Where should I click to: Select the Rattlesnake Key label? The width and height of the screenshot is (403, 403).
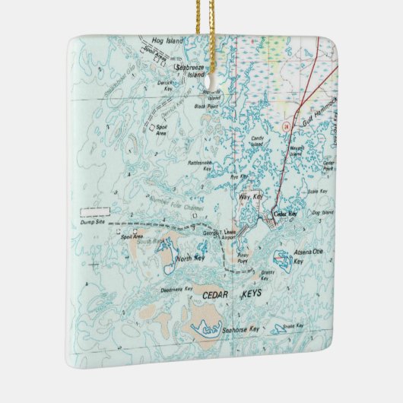coord(201,166)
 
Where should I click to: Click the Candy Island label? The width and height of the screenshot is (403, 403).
coord(257,141)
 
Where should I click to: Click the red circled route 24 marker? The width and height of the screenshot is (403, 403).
coord(285,126)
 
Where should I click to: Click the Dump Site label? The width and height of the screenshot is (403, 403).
coord(92,222)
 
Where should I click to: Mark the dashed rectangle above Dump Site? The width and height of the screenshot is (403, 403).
coord(94,206)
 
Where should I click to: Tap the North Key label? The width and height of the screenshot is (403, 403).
coord(190,259)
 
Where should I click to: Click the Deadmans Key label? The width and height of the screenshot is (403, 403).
coord(177,290)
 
